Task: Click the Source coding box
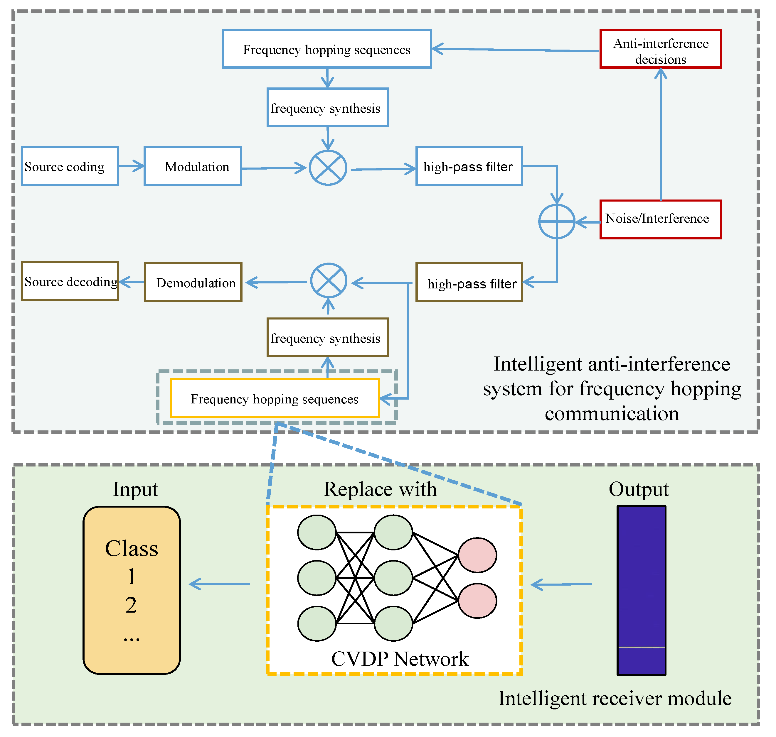tap(70, 166)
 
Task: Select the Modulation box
tap(193, 166)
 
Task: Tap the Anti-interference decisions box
tap(660, 49)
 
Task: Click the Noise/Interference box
tap(660, 219)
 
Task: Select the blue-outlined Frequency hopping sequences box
tap(327, 49)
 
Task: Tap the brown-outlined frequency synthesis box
tap(327, 337)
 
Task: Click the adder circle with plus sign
tap(557, 222)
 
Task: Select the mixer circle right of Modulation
tap(328, 168)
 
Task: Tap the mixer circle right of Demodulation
tap(329, 281)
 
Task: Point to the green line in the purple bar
tap(641, 647)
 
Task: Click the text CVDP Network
tap(400, 659)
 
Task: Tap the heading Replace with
tap(380, 489)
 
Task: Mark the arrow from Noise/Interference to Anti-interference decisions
tap(661, 134)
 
